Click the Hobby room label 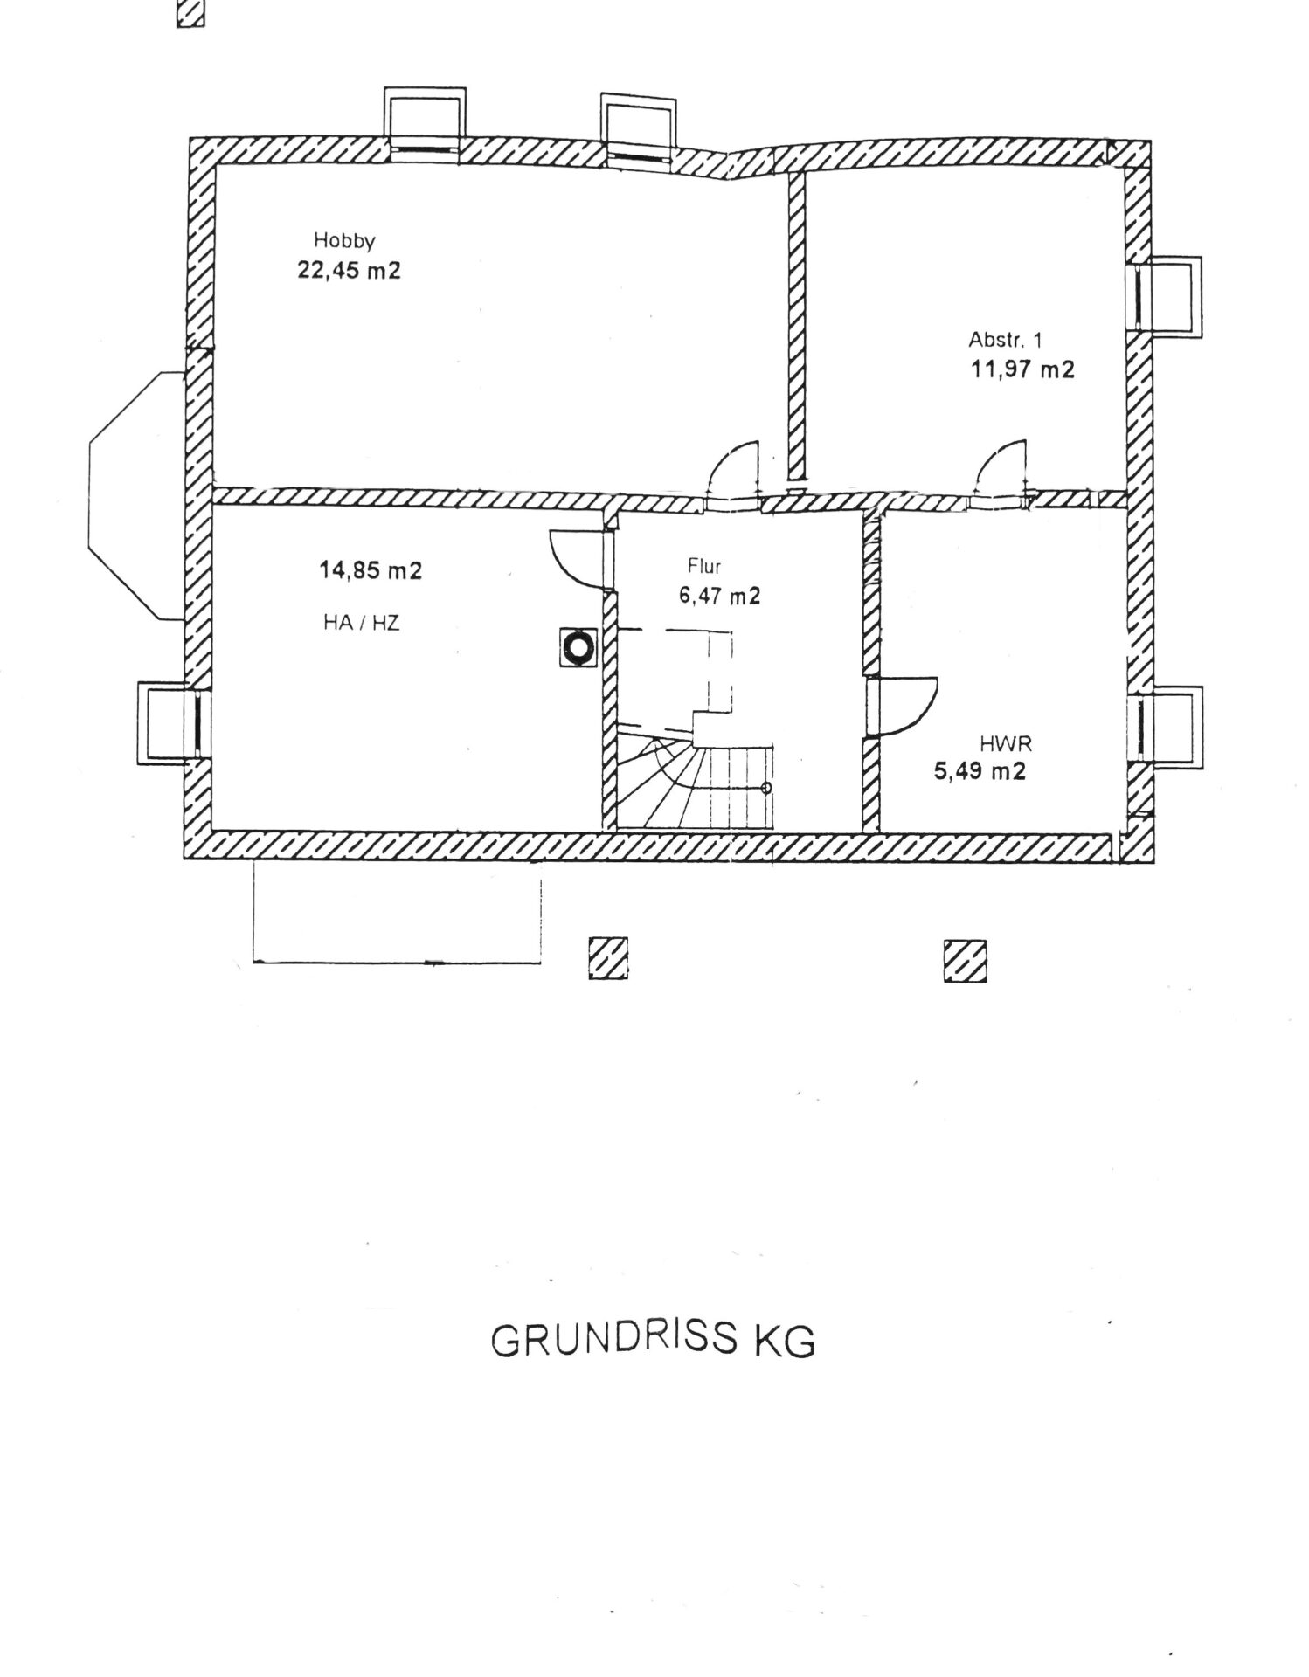coord(344,241)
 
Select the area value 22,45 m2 coord(350,271)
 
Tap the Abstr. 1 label coord(1005,340)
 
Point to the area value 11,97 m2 coord(1022,369)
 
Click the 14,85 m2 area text coord(371,571)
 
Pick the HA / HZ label coord(362,623)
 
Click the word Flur coord(704,567)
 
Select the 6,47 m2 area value coord(719,597)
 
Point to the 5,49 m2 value coord(980,772)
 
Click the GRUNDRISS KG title coord(654,1342)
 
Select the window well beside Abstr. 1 coord(1171,294)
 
